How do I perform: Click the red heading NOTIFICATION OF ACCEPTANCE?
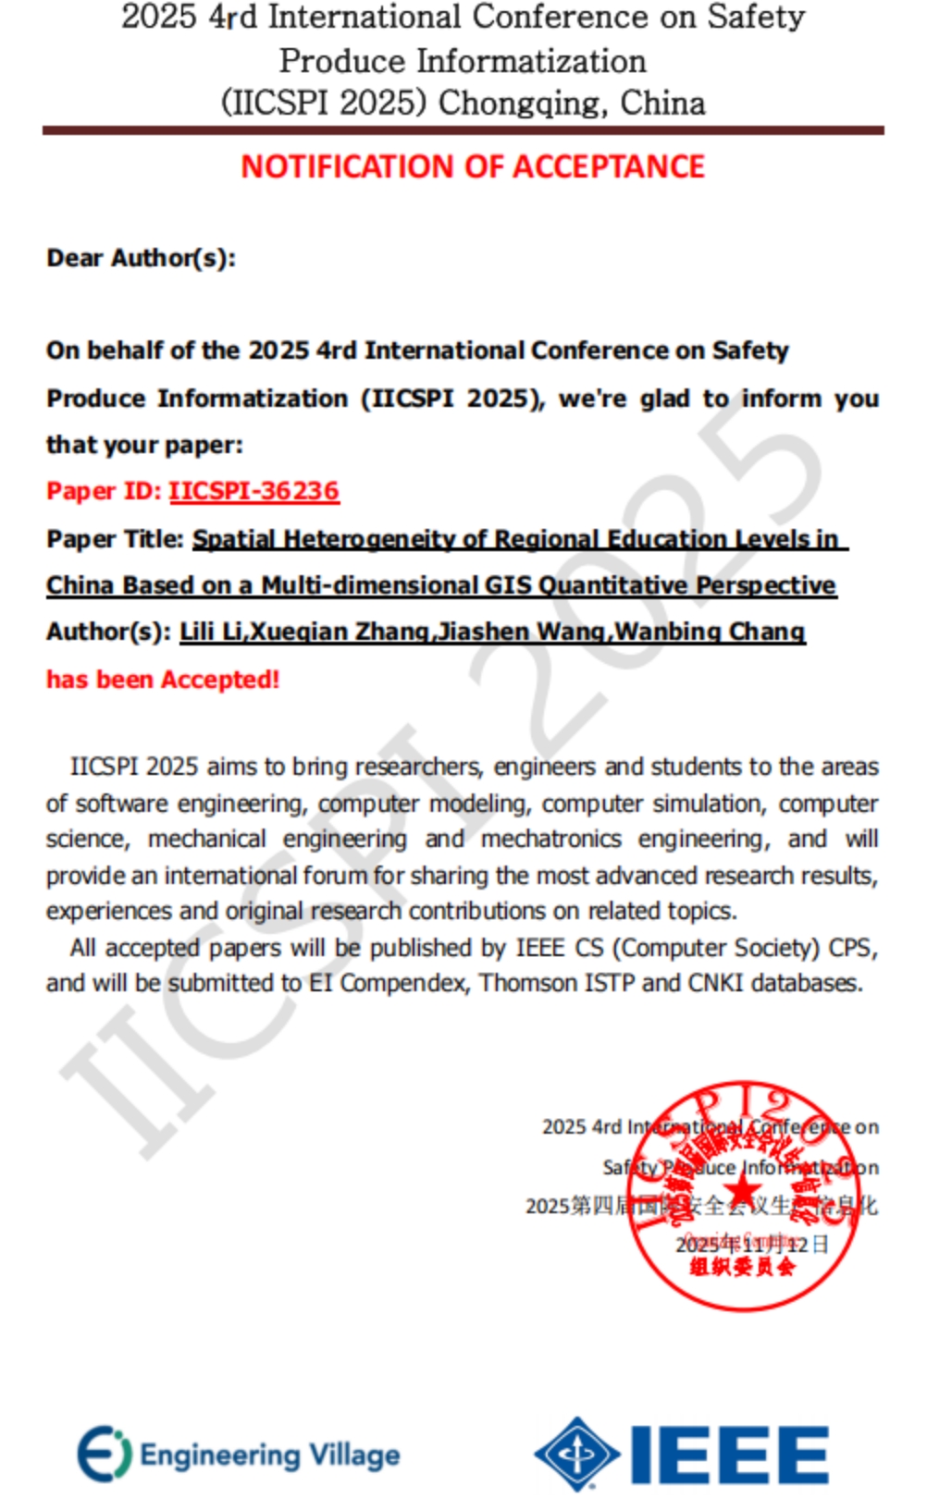[473, 166]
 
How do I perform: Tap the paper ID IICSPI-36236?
[253, 491]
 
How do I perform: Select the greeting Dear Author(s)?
[142, 258]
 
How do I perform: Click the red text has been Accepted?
[163, 680]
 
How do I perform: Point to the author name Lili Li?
[211, 632]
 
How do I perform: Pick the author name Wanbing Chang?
[711, 632]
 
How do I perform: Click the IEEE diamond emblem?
[577, 1454]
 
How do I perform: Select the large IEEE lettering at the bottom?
[730, 1455]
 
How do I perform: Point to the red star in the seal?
[742, 1197]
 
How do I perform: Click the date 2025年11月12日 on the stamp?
[751, 1245]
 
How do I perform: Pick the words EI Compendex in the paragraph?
[389, 983]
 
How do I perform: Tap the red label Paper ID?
[104, 491]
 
